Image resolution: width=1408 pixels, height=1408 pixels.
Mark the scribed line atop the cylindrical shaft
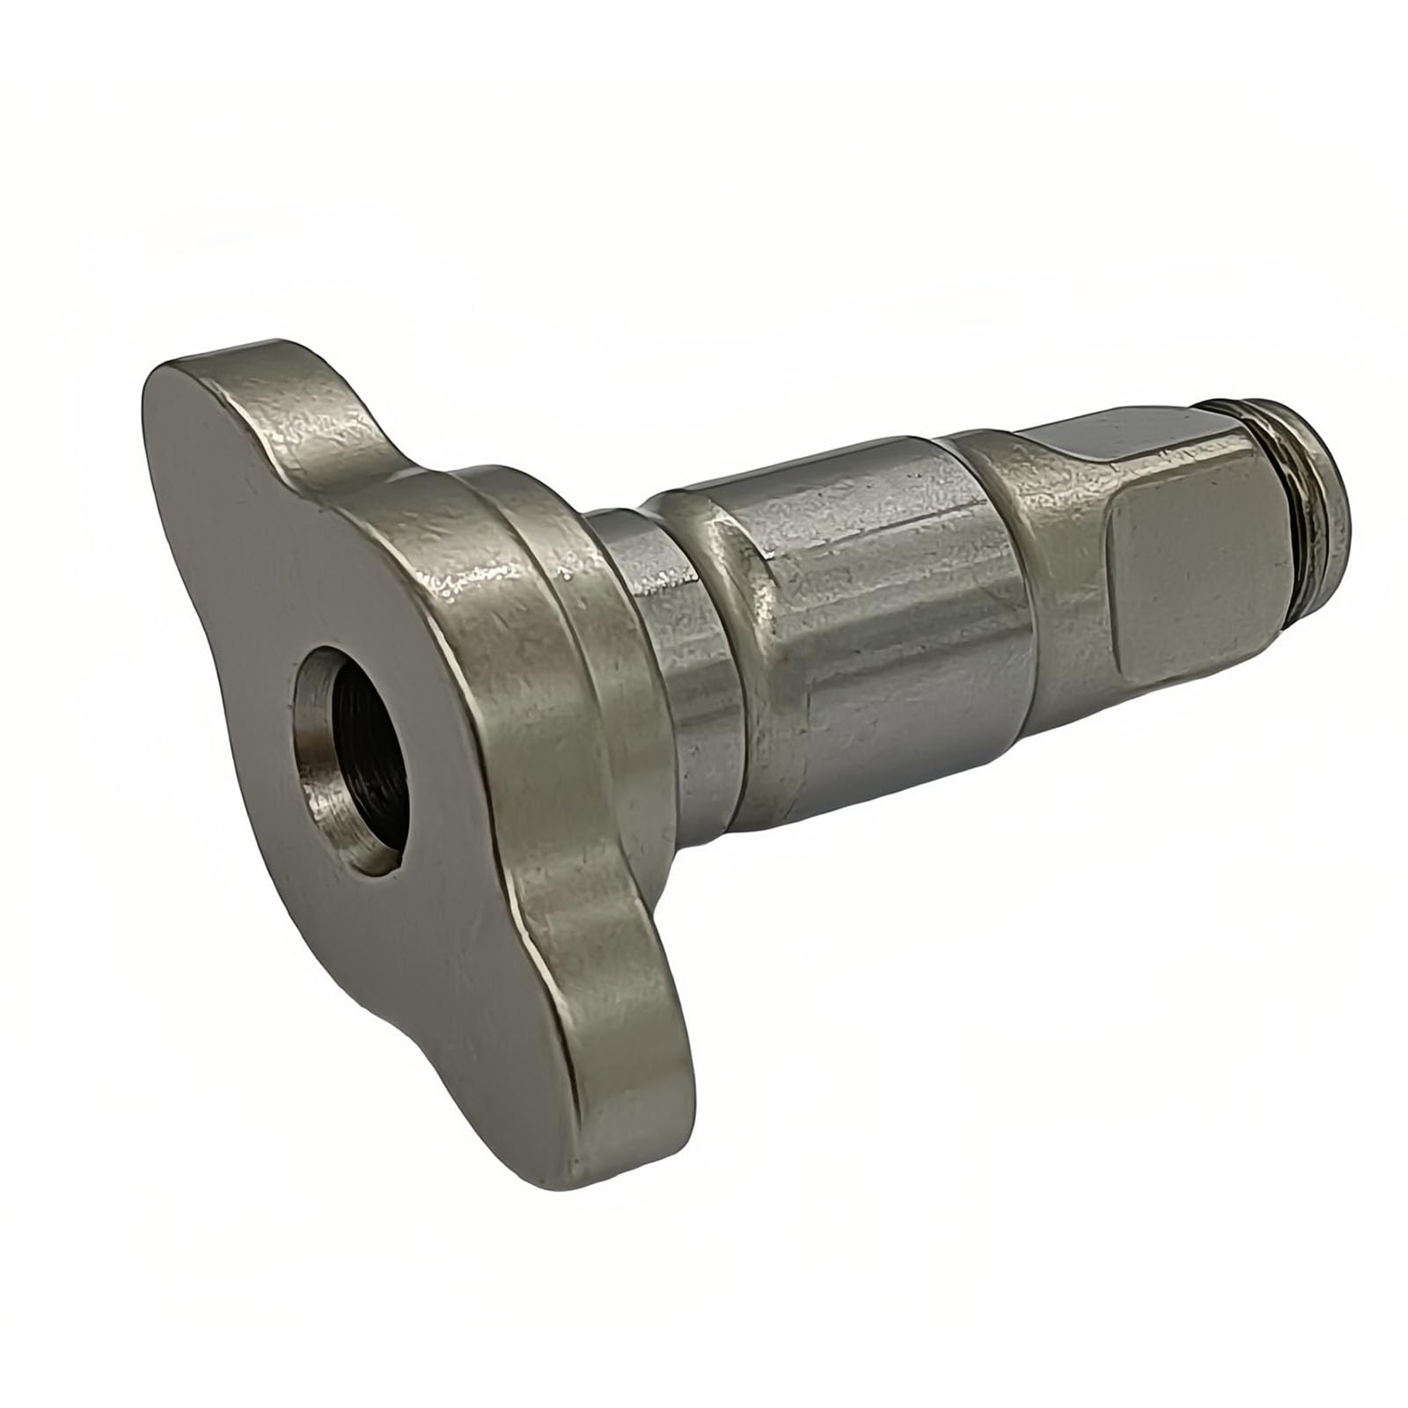(x=880, y=519)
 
